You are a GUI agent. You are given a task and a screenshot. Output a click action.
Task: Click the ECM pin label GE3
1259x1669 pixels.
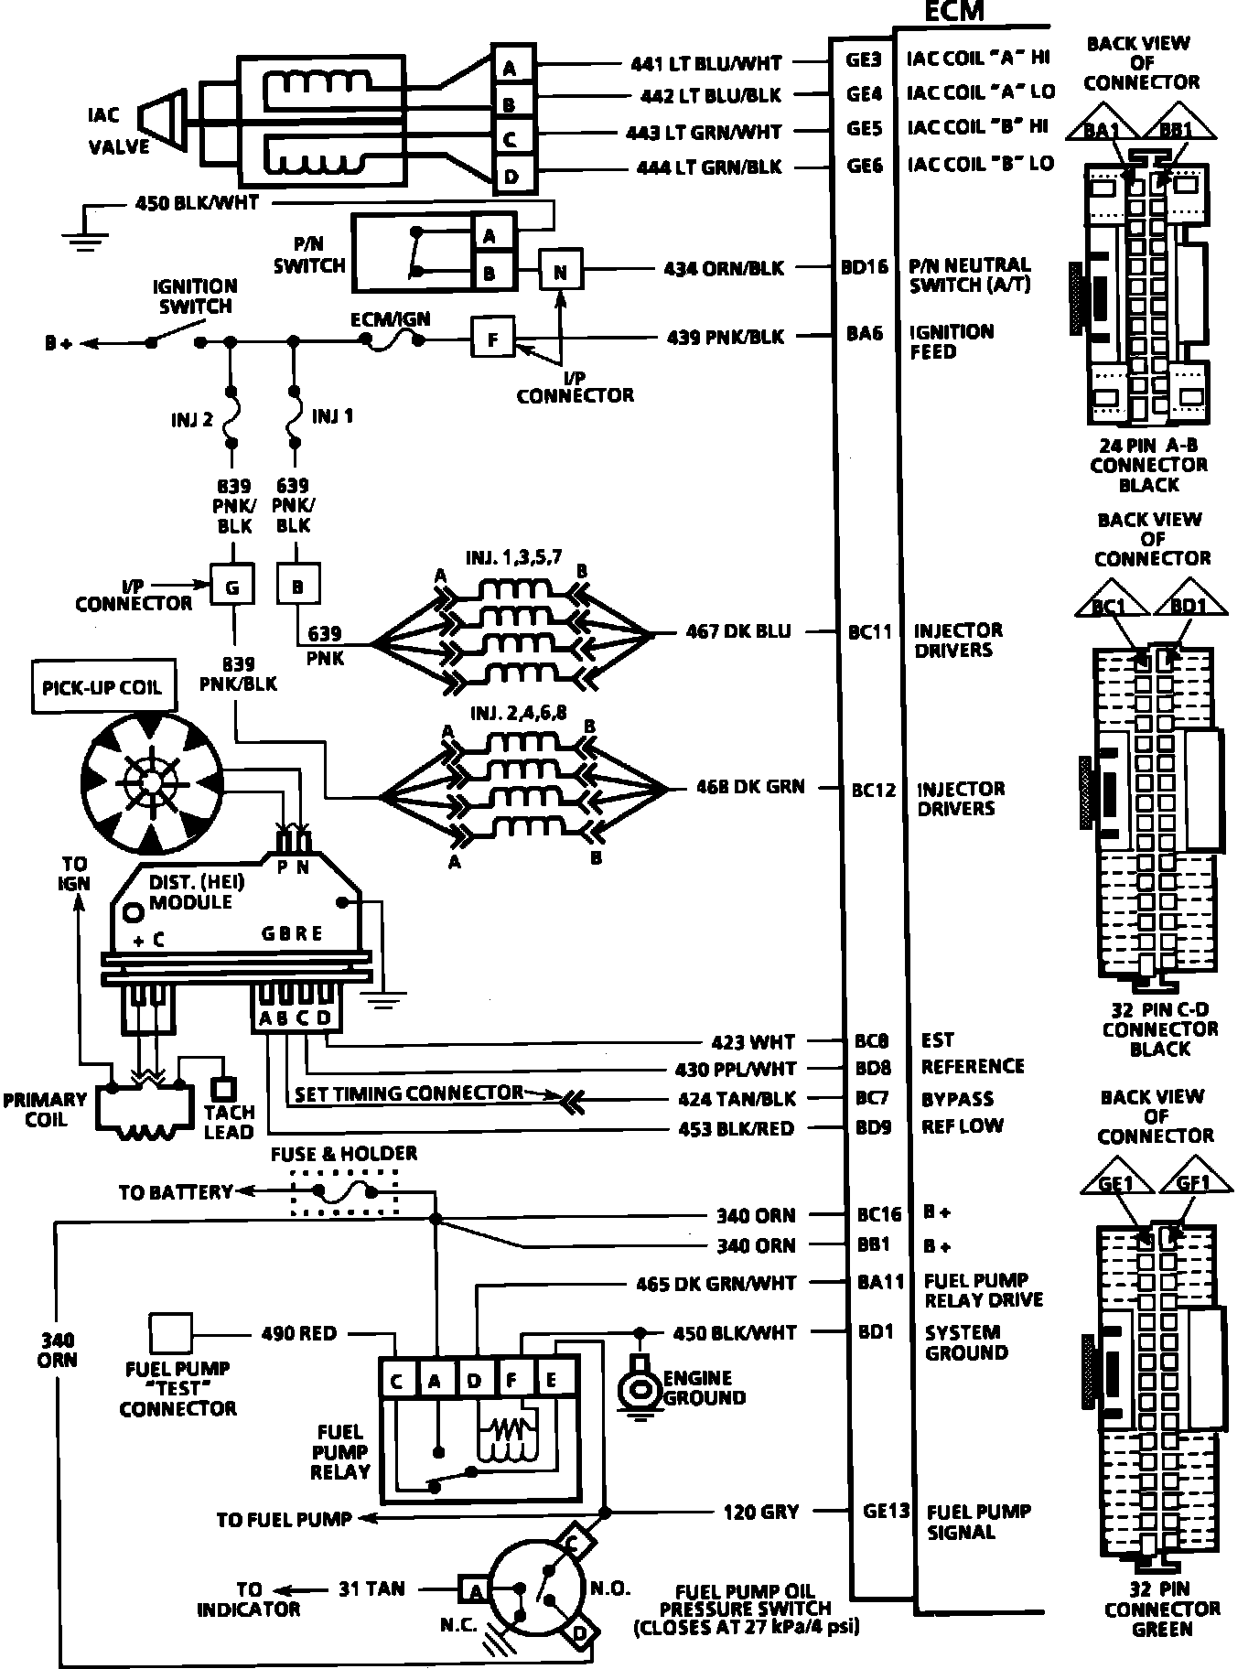coord(863,60)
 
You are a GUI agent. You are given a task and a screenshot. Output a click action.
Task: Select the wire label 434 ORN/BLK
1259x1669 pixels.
coord(724,268)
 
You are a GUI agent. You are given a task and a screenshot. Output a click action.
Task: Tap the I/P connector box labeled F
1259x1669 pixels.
coord(493,339)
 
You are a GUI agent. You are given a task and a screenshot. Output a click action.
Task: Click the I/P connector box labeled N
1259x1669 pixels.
coord(560,272)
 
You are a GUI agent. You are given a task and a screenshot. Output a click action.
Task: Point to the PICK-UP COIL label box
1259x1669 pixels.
coord(102,686)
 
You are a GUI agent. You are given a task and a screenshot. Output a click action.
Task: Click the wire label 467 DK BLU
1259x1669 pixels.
coord(738,631)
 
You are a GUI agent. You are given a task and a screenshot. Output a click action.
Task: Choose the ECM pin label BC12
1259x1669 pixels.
coord(873,789)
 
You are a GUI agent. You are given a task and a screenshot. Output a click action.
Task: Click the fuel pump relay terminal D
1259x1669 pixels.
coord(474,1381)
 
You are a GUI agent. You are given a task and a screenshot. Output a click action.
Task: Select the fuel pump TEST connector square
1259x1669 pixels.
coord(171,1333)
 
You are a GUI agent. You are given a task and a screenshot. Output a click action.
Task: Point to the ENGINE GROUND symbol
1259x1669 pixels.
coord(637,1389)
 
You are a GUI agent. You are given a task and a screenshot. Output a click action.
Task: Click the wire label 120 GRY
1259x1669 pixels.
coord(760,1512)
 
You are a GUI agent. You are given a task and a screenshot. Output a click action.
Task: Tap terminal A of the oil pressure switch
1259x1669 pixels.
coord(475,1591)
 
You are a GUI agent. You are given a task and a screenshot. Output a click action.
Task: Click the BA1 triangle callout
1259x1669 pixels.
coord(1102,129)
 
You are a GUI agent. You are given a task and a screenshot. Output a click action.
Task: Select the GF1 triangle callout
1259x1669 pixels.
coord(1193,1183)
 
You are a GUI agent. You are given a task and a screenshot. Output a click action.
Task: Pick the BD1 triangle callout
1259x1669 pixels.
coord(1189,605)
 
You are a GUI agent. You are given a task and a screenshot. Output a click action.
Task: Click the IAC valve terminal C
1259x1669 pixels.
coord(511,139)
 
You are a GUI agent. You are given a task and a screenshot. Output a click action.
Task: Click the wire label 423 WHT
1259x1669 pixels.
coord(753,1041)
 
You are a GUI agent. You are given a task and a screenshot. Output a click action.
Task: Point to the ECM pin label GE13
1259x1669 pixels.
coord(886,1511)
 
